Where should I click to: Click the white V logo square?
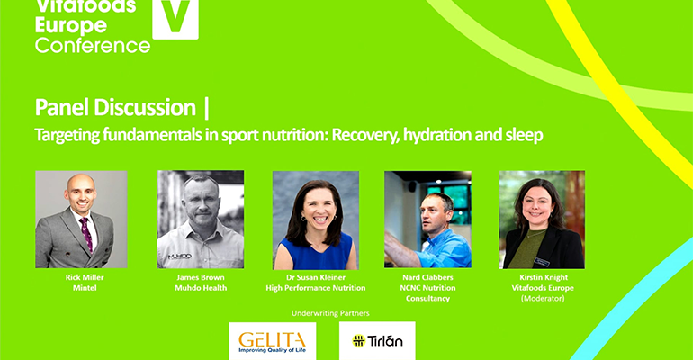coord(175,18)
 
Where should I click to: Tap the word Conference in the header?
coord(93,44)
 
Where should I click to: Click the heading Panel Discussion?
coord(115,108)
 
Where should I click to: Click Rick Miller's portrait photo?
coord(81,219)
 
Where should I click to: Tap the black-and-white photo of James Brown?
coord(200,219)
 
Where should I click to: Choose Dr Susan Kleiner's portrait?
coord(316,219)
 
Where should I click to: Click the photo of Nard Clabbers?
coord(427,219)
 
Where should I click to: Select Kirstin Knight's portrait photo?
coord(542,219)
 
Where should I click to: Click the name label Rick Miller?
coord(81,279)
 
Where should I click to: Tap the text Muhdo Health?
coord(200,288)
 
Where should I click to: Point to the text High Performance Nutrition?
coord(316,288)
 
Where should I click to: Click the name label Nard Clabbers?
coord(427,279)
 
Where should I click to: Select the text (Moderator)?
coord(542,298)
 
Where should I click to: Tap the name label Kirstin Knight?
coord(542,279)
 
